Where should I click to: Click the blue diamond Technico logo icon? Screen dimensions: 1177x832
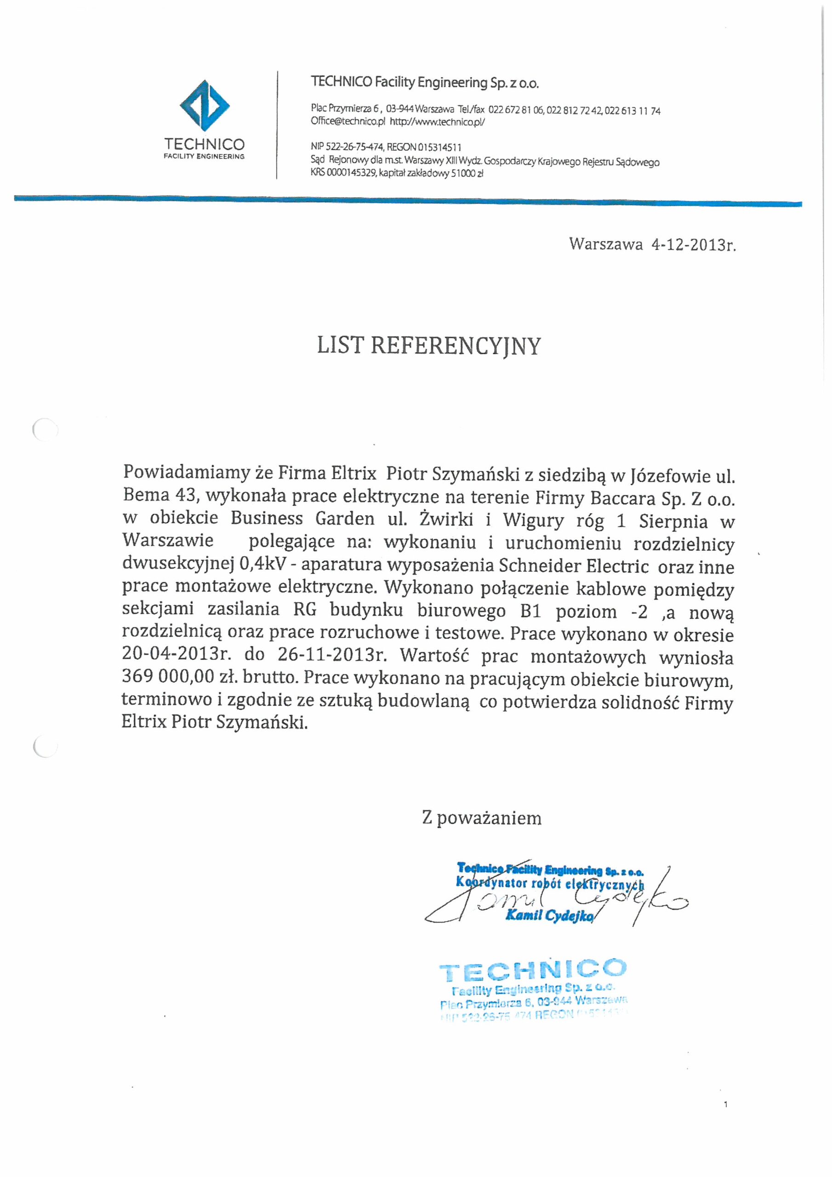204,106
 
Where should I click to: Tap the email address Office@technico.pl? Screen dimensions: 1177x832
348,122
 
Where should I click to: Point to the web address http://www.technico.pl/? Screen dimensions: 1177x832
437,122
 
